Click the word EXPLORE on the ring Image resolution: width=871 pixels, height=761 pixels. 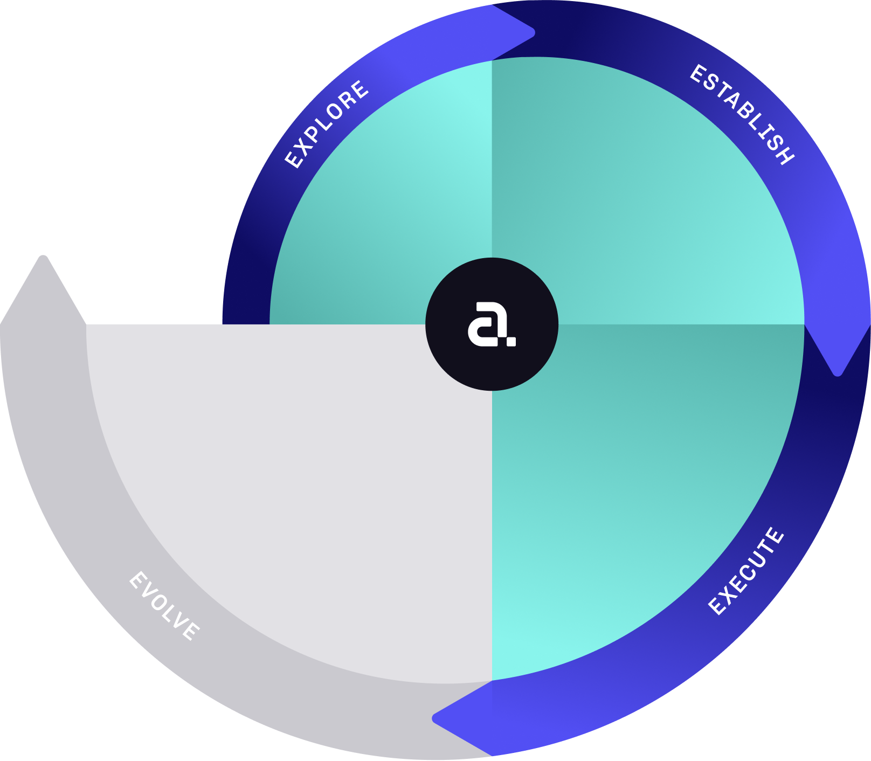(x=327, y=124)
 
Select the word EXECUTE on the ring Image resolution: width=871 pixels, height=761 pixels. (x=746, y=571)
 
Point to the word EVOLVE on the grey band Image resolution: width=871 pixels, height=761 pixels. (x=164, y=606)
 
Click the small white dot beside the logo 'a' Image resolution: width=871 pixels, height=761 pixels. (x=511, y=341)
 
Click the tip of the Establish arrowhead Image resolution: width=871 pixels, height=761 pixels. (x=837, y=372)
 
